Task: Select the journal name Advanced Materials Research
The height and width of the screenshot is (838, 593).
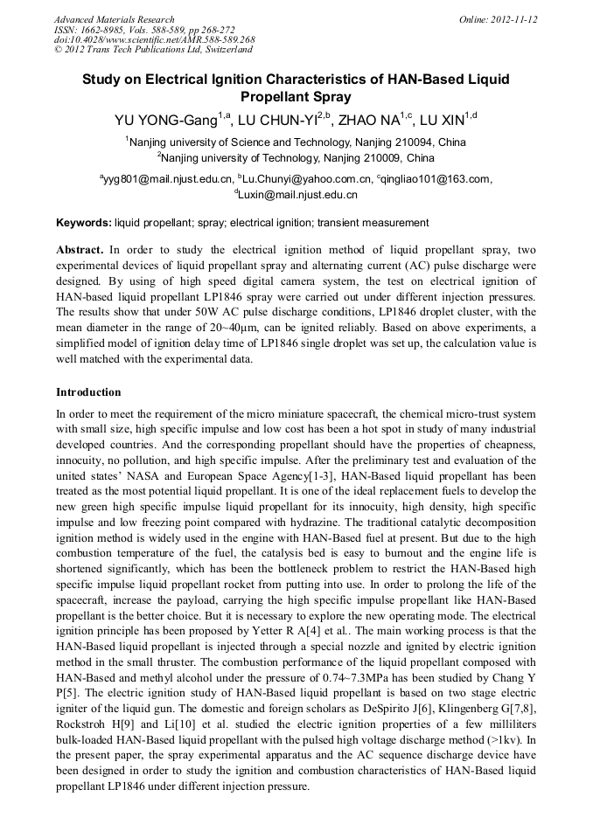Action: (114, 19)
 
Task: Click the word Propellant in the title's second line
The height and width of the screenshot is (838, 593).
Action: (296, 97)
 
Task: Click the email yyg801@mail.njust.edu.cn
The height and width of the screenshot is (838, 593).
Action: (167, 179)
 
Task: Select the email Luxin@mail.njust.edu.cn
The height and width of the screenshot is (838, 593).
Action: (297, 196)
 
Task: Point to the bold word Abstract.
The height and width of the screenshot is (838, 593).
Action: (80, 250)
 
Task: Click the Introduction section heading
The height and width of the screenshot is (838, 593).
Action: (88, 392)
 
